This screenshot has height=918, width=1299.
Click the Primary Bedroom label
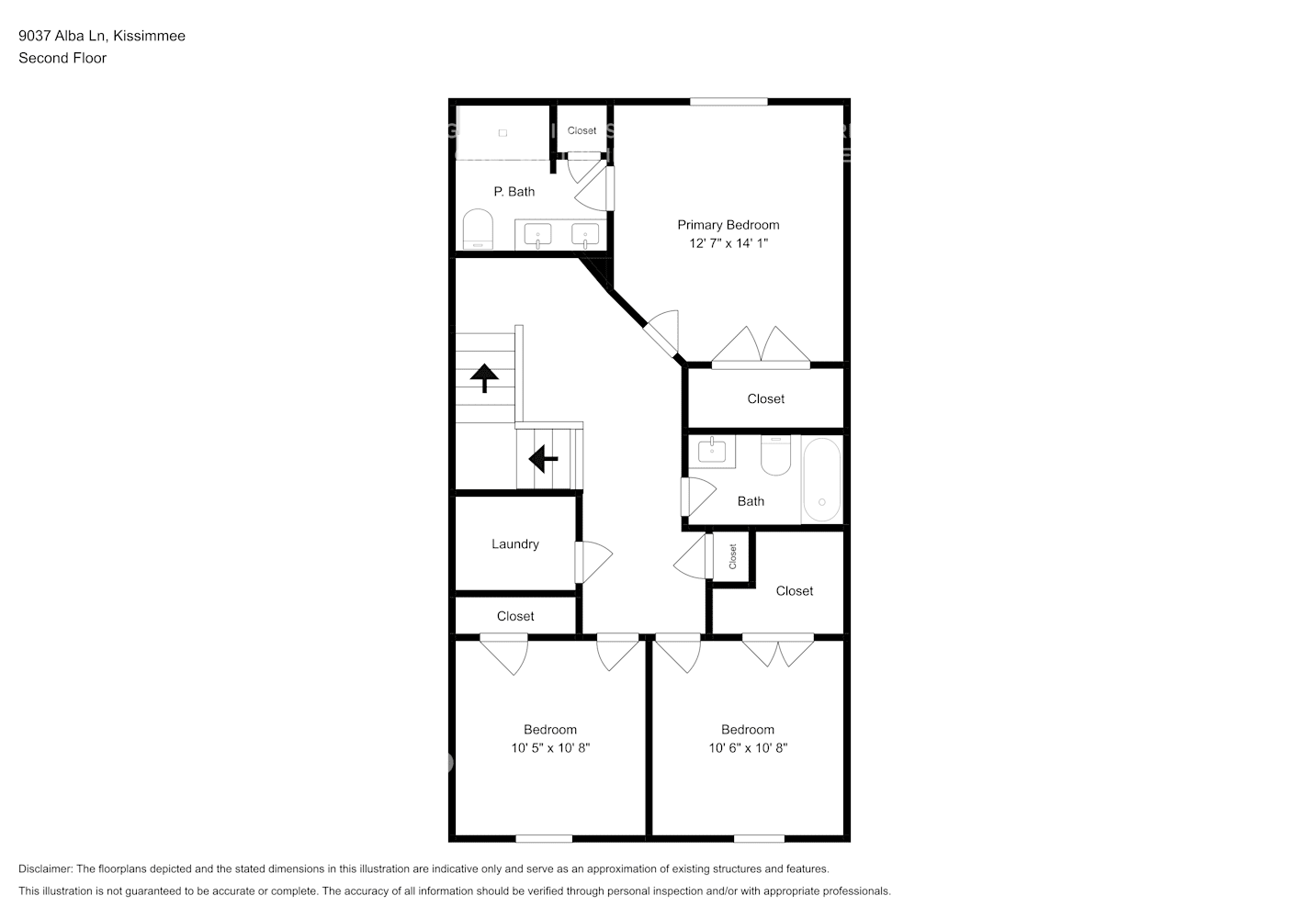pyautogui.click(x=728, y=225)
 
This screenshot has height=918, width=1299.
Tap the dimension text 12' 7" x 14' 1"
pyautogui.click(x=728, y=243)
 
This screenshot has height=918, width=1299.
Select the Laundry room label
pyautogui.click(x=514, y=544)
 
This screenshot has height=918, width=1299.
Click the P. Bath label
pyautogui.click(x=514, y=192)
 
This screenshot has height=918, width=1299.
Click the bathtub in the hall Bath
pyautogui.click(x=821, y=479)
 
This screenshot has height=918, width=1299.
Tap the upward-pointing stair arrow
pyautogui.click(x=484, y=377)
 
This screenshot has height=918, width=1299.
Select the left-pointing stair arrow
pyautogui.click(x=543, y=457)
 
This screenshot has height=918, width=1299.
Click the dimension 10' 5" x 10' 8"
pyautogui.click(x=550, y=748)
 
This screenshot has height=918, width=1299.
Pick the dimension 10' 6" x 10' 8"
pyautogui.click(x=748, y=748)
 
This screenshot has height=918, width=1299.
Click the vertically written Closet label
pyautogui.click(x=733, y=556)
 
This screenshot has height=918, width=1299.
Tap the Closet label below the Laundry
pyautogui.click(x=514, y=617)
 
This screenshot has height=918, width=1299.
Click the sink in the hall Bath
pyautogui.click(x=711, y=451)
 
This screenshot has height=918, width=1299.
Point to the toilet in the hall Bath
pyautogui.click(x=776, y=455)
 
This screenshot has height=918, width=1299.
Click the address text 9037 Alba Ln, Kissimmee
pyautogui.click(x=102, y=36)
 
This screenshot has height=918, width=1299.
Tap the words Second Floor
pyautogui.click(x=62, y=58)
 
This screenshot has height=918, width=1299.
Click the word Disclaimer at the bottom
pyautogui.click(x=45, y=868)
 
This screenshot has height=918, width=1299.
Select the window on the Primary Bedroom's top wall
pyautogui.click(x=729, y=101)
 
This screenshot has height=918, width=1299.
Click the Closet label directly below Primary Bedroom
pyautogui.click(x=765, y=399)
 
